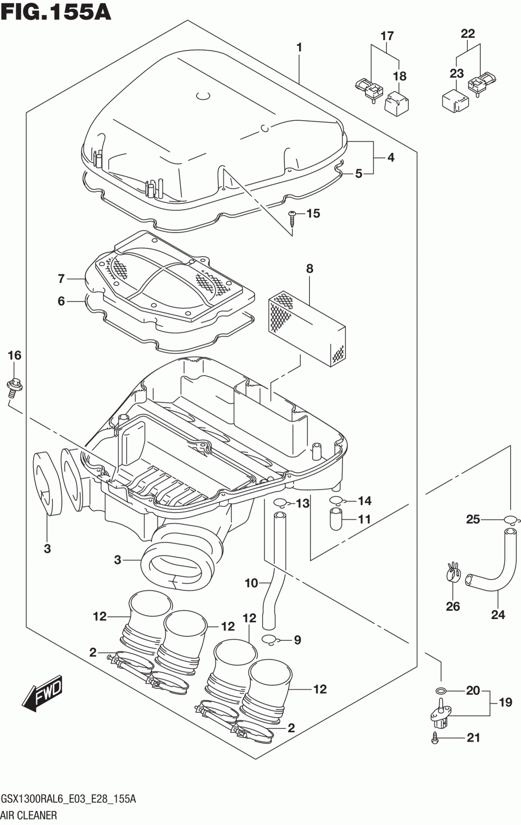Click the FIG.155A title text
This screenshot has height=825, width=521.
(55, 12)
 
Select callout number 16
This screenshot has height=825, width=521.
(14, 356)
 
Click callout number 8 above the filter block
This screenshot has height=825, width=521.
(309, 268)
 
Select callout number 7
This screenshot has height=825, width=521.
(61, 279)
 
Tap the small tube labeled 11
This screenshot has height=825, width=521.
(336, 520)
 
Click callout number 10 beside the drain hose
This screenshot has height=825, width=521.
(251, 583)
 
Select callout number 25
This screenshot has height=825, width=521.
(473, 519)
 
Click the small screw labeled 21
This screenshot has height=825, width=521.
(435, 738)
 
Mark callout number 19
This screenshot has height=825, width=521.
(505, 702)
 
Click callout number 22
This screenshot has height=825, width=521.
(467, 34)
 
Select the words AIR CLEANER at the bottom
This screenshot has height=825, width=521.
(29, 815)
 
